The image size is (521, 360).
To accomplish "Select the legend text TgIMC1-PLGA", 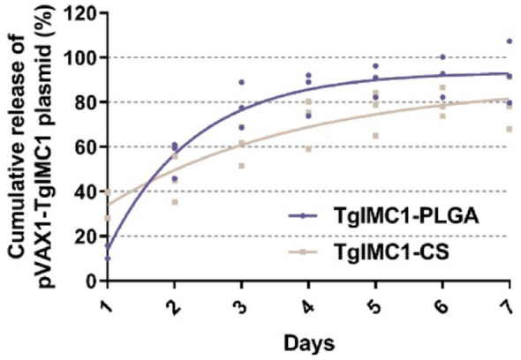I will point(400,216).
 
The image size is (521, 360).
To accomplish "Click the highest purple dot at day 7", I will point(510,41).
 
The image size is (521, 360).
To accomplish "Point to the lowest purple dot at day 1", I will point(108,258).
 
